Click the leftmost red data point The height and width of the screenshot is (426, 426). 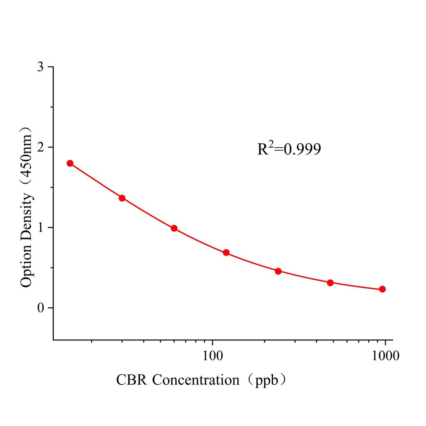click(70, 163)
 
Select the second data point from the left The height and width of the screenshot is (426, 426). click(122, 198)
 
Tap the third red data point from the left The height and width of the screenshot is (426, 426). click(174, 228)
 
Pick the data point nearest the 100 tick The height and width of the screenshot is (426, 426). click(226, 253)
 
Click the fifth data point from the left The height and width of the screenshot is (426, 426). click(278, 271)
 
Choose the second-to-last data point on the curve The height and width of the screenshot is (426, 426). click(330, 283)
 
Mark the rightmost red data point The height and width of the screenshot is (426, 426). click(382, 289)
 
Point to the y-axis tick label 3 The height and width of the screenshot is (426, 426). click(40, 67)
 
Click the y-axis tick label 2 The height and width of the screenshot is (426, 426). click(40, 147)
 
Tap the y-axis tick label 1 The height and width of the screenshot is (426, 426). click(40, 228)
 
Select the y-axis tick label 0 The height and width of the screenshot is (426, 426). click(40, 308)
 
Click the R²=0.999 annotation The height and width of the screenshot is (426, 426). click(289, 149)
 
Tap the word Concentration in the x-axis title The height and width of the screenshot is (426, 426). click(196, 380)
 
